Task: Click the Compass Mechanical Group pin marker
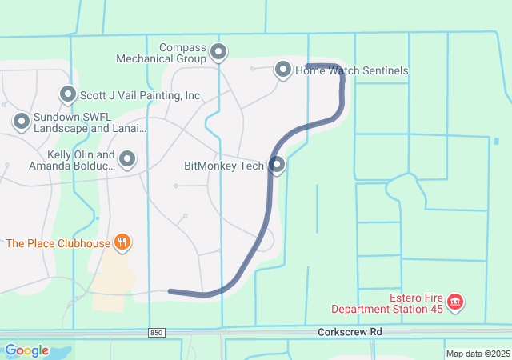(x=218, y=54)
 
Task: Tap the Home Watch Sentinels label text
(x=352, y=70)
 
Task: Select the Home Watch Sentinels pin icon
(x=283, y=70)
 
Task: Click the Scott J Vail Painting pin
(x=67, y=94)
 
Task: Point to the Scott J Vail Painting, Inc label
(x=140, y=95)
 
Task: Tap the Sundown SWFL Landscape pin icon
(x=21, y=122)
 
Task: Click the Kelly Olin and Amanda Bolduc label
(x=72, y=160)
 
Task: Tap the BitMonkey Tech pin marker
(x=278, y=165)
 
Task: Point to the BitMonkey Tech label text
(x=224, y=166)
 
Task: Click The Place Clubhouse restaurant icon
(x=122, y=242)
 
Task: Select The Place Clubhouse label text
(x=57, y=242)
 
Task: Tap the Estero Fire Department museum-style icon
(x=455, y=302)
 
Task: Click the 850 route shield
(x=157, y=332)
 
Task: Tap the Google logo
(x=26, y=350)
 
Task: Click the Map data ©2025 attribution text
(x=477, y=354)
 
